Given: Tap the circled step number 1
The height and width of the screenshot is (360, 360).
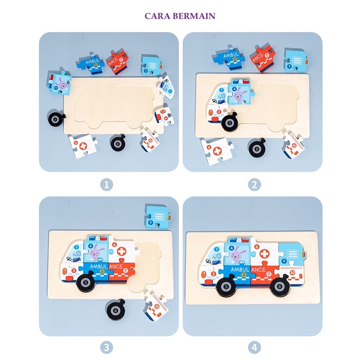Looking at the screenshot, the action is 107,185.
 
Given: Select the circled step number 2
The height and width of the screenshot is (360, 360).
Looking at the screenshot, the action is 254,185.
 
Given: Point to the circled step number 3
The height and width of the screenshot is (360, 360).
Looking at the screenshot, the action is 107,347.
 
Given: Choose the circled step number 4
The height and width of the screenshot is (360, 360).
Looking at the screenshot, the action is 254,347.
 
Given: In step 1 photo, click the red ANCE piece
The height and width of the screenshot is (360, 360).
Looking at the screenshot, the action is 117,61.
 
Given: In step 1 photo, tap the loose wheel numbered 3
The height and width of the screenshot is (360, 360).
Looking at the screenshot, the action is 56,119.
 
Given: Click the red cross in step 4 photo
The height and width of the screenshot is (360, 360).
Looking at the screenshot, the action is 264,253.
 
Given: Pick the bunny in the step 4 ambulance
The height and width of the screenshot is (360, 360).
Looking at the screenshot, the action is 238,253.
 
